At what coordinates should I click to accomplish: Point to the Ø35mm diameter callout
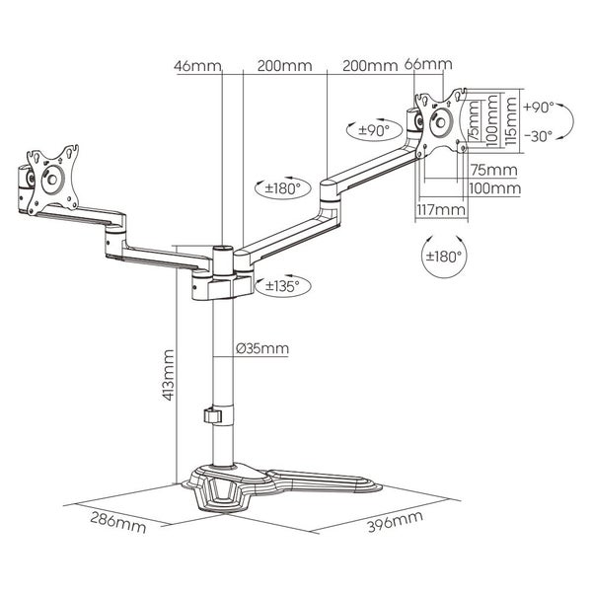point(262,348)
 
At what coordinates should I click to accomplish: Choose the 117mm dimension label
point(435,210)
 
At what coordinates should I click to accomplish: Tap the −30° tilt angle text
point(540,136)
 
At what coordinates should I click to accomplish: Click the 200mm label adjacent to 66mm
point(369,66)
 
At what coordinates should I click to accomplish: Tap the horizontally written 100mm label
point(492,187)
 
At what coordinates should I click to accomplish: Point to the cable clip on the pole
point(211,415)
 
